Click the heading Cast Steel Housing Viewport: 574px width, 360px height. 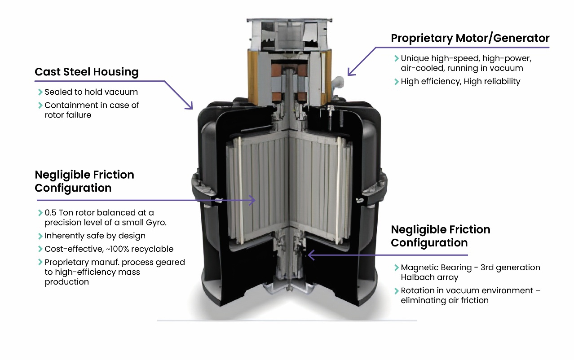pos(86,72)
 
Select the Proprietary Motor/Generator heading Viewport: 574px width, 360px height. pos(470,38)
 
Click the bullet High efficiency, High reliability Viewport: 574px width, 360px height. pos(460,81)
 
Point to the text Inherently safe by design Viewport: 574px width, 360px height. pos(95,236)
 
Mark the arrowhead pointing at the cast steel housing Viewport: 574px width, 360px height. pos(190,107)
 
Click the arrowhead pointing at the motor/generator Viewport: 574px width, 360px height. pos(350,72)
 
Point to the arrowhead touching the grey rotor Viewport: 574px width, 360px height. pos(253,200)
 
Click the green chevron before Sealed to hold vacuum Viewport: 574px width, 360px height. pos(40,92)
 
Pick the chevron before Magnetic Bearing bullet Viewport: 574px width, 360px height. pos(396,268)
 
